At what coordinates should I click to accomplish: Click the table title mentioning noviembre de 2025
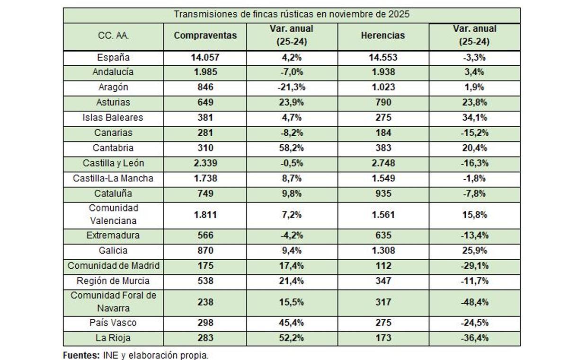click(291, 14)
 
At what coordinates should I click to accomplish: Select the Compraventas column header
click(205, 35)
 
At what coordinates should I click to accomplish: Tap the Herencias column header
click(383, 35)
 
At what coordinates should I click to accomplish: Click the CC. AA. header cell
click(113, 35)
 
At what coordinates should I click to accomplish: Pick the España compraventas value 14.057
click(205, 58)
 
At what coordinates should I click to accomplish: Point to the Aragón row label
click(113, 88)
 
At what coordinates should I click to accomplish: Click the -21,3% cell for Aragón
click(291, 88)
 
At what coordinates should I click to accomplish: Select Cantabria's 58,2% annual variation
click(291, 148)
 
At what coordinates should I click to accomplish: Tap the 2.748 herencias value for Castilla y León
click(383, 163)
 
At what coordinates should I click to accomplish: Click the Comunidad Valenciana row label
click(113, 214)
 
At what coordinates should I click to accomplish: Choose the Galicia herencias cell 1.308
click(383, 251)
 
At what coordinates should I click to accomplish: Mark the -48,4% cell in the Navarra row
click(474, 302)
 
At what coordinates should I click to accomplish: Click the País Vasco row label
click(113, 323)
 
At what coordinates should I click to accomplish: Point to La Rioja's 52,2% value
click(291, 338)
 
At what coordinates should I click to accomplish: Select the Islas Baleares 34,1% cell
click(474, 117)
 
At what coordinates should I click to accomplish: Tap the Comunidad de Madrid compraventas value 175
click(205, 266)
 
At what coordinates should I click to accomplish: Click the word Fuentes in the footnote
click(80, 355)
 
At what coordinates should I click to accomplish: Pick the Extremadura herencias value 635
click(383, 236)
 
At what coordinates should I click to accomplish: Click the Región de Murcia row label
click(113, 281)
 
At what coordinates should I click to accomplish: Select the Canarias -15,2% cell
click(474, 133)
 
